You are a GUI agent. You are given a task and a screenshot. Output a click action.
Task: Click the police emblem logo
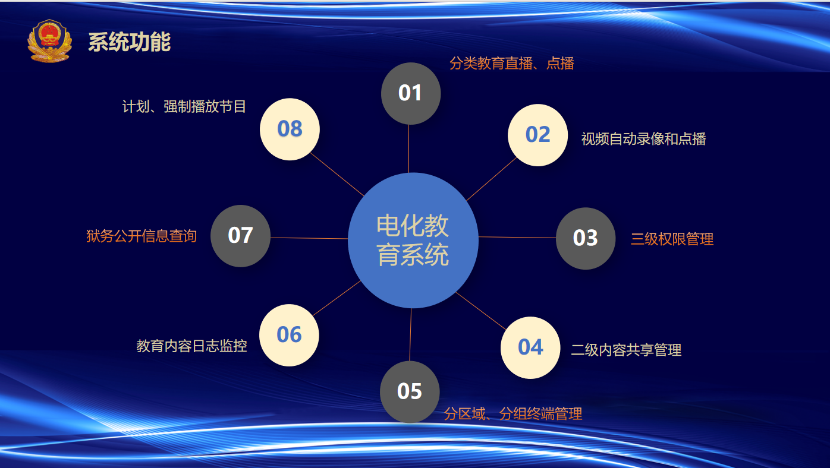[x=49, y=41]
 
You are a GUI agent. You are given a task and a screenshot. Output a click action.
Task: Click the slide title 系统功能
[x=130, y=42]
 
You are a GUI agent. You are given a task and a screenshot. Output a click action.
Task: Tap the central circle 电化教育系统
[x=413, y=241]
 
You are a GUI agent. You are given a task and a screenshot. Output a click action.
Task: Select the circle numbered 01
[x=411, y=93]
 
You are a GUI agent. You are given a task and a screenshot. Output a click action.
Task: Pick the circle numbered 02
[x=537, y=135]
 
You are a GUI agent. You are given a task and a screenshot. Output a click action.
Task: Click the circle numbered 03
[x=586, y=238]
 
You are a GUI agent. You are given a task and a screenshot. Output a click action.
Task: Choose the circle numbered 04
[x=530, y=347]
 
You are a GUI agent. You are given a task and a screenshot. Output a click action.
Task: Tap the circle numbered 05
[x=410, y=392]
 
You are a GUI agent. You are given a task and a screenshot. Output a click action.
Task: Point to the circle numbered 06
[x=289, y=335]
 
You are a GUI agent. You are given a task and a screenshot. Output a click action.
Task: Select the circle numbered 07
[x=240, y=236]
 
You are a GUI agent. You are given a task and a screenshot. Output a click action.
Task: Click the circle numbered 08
[x=290, y=129]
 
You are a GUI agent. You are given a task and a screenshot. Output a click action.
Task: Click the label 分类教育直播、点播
[x=512, y=64]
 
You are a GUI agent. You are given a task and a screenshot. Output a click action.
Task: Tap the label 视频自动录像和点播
[x=643, y=139]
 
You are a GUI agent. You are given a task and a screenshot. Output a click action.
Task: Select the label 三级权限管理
[x=672, y=239]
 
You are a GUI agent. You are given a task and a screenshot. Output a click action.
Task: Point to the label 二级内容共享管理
[x=626, y=350]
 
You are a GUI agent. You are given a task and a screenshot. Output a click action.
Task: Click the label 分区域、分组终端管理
[x=513, y=413]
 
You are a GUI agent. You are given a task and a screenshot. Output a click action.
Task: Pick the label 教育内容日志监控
[x=191, y=346]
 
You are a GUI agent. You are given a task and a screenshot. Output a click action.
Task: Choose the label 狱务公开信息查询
[x=141, y=236]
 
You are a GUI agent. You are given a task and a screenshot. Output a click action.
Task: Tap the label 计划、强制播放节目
[x=184, y=106]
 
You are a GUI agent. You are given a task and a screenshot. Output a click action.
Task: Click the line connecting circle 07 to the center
[x=309, y=238]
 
